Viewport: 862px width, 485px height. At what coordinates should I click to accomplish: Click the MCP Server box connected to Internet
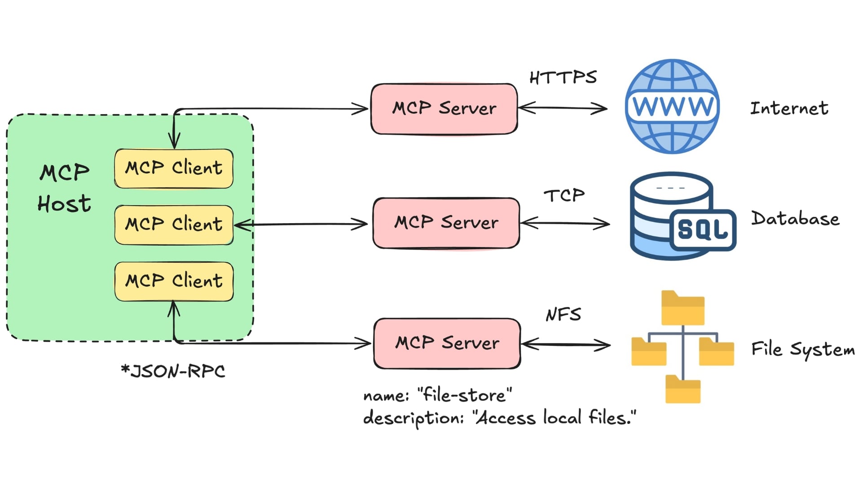444,109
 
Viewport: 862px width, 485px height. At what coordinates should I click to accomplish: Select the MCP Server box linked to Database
446,223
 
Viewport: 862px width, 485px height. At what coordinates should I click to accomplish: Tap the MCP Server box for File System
447,343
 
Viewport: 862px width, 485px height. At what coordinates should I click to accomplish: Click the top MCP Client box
174,168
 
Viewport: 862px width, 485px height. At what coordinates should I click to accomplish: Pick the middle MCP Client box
174,225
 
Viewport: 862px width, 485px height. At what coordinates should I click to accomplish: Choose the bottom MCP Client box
174,281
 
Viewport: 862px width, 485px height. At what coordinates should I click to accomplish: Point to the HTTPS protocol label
563,78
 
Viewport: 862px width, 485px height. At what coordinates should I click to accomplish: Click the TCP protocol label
564,195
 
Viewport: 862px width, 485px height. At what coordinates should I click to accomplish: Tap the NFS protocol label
563,314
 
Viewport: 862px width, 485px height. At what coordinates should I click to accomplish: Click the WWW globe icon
672,106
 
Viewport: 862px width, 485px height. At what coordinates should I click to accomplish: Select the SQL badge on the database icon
703,229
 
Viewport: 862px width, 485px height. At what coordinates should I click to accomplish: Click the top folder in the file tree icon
682,309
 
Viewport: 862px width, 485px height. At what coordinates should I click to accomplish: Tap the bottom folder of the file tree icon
682,389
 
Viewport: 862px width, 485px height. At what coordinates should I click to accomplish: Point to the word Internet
789,108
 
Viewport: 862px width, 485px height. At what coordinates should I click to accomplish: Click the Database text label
795,219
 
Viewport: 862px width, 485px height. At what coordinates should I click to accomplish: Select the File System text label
803,349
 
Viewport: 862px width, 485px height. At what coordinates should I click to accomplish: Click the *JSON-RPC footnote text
173,371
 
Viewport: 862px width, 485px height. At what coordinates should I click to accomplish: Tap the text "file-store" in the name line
465,395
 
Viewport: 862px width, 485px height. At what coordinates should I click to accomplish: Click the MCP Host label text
64,188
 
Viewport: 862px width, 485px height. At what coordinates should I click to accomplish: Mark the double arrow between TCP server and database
565,223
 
